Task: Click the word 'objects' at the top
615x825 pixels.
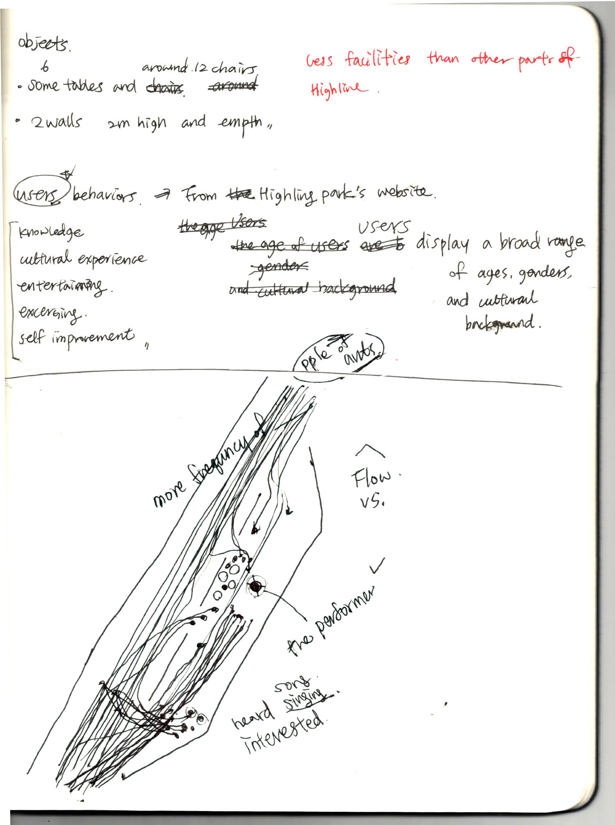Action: [x=44, y=44]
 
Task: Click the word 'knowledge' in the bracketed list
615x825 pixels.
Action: [x=51, y=232]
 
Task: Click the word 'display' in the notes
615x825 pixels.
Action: [x=442, y=244]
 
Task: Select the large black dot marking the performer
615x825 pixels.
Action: [x=256, y=586]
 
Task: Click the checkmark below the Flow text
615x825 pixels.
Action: [x=377, y=567]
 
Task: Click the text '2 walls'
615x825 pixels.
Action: [x=57, y=122]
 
